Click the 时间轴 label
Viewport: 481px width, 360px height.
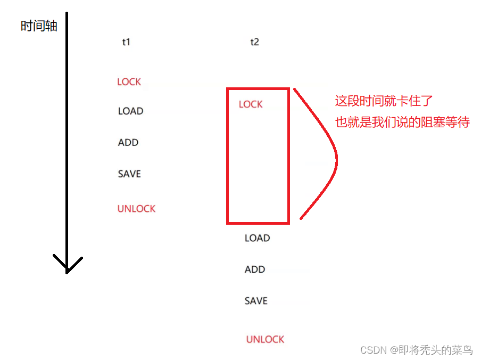click(x=39, y=26)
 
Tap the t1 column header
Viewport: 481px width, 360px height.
click(x=126, y=42)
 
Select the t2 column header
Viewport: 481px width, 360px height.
click(x=254, y=42)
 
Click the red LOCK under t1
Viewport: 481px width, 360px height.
click(x=129, y=81)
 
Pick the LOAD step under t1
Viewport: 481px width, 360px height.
click(x=131, y=111)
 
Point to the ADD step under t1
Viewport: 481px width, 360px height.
click(x=128, y=143)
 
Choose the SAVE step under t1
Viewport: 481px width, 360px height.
click(x=129, y=174)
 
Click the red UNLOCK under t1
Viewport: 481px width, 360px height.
click(x=136, y=209)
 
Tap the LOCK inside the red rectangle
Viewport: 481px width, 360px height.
click(x=251, y=104)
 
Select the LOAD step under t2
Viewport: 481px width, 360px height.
click(x=257, y=238)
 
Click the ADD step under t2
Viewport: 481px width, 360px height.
click(x=255, y=269)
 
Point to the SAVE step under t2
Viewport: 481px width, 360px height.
click(x=256, y=301)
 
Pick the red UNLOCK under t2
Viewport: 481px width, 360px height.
click(x=265, y=339)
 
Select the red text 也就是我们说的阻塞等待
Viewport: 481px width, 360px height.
click(x=402, y=122)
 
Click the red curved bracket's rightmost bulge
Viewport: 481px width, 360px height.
click(x=336, y=158)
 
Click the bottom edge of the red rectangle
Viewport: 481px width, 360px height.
click(x=258, y=222)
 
